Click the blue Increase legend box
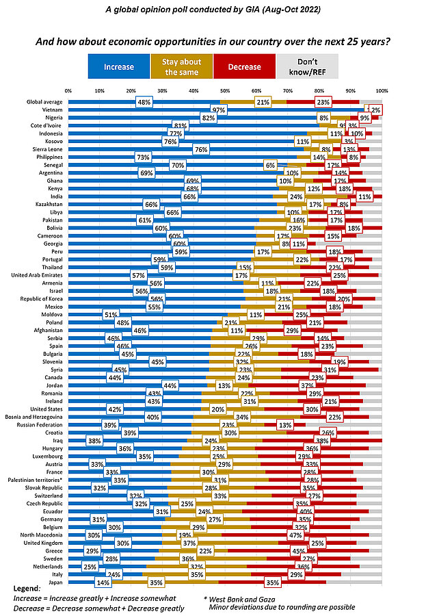[119, 67]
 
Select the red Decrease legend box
[244, 67]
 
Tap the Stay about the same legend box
[181, 67]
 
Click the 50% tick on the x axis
[225, 90]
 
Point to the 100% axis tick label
[382, 90]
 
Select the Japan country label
[55, 582]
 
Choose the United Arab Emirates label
[39, 274]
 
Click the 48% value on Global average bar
[144, 101]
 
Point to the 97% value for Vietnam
[219, 110]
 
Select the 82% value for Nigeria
[189, 118]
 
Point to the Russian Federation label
[40, 425]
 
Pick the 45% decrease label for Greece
[318, 551]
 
